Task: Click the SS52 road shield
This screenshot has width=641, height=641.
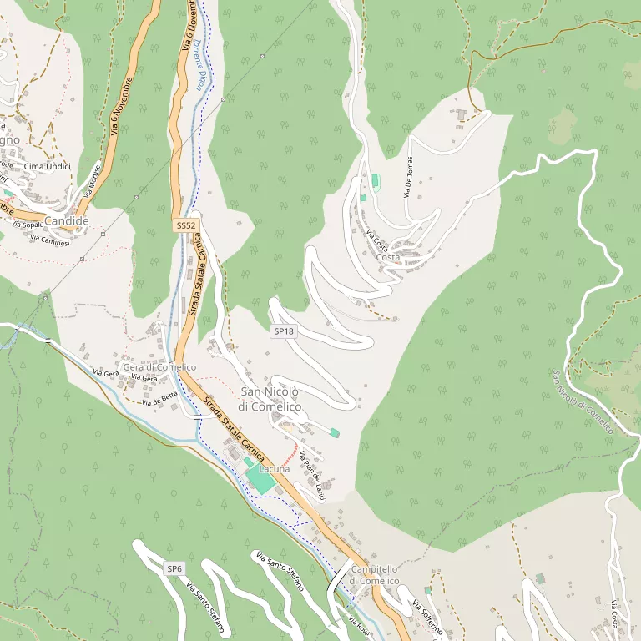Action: click(186, 226)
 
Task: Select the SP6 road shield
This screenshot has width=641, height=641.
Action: click(174, 568)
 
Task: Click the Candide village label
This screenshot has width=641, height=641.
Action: click(66, 220)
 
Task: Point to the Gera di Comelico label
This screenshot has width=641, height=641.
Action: click(159, 367)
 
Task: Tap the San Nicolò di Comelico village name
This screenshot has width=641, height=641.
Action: click(270, 399)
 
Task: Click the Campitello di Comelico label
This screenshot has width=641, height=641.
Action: click(374, 574)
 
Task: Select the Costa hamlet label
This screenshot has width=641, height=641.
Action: click(388, 257)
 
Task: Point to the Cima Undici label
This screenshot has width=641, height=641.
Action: click(48, 167)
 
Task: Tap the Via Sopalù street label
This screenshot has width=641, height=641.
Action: click(28, 224)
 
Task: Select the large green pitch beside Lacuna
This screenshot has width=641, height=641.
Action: click(261, 479)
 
